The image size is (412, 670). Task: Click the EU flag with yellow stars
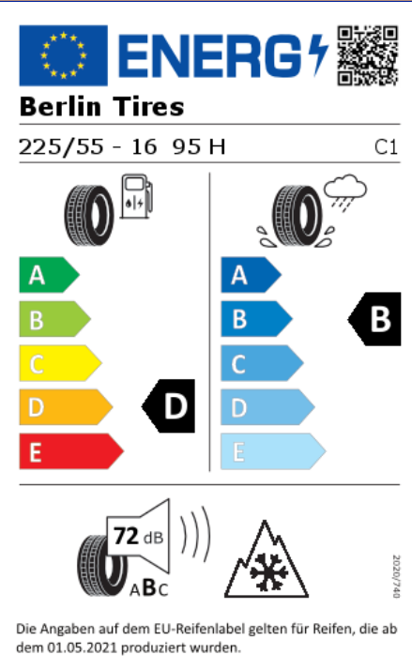(x=63, y=55)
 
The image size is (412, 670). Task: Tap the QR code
(x=368, y=56)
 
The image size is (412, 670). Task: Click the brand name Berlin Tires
(x=101, y=106)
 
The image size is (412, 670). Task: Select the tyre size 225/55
(x=61, y=147)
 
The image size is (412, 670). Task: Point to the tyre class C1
(x=386, y=147)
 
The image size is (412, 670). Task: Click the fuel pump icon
(x=136, y=196)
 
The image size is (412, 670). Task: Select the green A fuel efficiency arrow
(x=49, y=275)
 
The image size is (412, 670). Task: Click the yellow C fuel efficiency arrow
(x=60, y=363)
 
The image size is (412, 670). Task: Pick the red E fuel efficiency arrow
(x=71, y=451)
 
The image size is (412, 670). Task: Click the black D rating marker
(x=168, y=406)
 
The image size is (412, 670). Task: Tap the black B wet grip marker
(x=374, y=319)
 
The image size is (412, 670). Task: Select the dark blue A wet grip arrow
(x=251, y=275)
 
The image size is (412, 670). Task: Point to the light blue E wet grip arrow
(x=273, y=451)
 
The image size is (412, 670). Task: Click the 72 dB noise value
(x=139, y=536)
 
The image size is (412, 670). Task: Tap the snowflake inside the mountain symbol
(x=268, y=571)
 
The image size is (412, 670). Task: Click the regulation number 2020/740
(x=397, y=576)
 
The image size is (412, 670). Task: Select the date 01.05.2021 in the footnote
(x=82, y=647)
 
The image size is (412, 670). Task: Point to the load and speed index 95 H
(x=199, y=147)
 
